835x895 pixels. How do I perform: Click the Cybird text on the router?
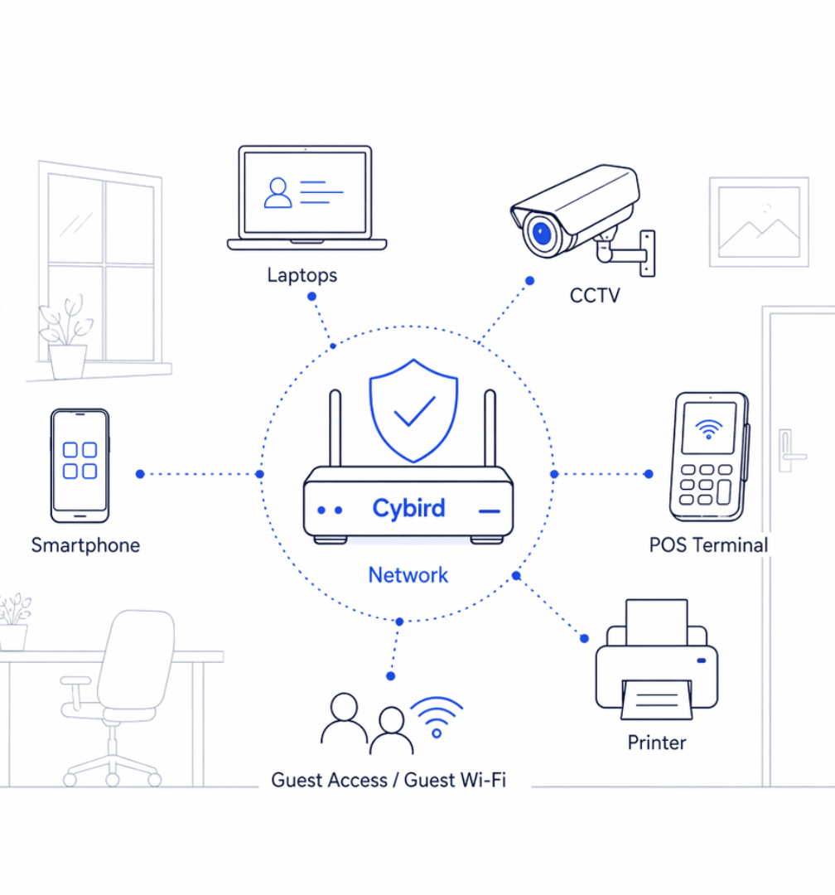pyautogui.click(x=408, y=509)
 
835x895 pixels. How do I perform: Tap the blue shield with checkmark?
pyautogui.click(x=414, y=410)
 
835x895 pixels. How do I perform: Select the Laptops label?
pyautogui.click(x=302, y=276)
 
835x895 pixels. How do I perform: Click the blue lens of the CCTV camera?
pyautogui.click(x=541, y=234)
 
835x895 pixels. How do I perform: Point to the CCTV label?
pyautogui.click(x=595, y=296)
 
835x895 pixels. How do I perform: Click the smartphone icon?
pyautogui.click(x=80, y=465)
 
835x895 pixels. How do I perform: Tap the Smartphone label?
pyautogui.click(x=85, y=545)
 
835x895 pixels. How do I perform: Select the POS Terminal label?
pyautogui.click(x=708, y=545)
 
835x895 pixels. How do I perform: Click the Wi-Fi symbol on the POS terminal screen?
pyautogui.click(x=709, y=428)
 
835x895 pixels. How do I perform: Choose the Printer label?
pyautogui.click(x=657, y=743)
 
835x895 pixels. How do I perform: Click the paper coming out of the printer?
pyautogui.click(x=657, y=699)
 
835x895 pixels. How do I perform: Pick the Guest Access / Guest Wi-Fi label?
pyautogui.click(x=389, y=780)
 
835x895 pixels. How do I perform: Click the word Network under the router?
pyautogui.click(x=408, y=575)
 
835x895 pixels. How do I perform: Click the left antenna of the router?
pyautogui.click(x=335, y=428)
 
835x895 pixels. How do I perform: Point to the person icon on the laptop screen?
pyautogui.click(x=278, y=193)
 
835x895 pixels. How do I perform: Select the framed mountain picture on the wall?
pyautogui.click(x=759, y=222)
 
